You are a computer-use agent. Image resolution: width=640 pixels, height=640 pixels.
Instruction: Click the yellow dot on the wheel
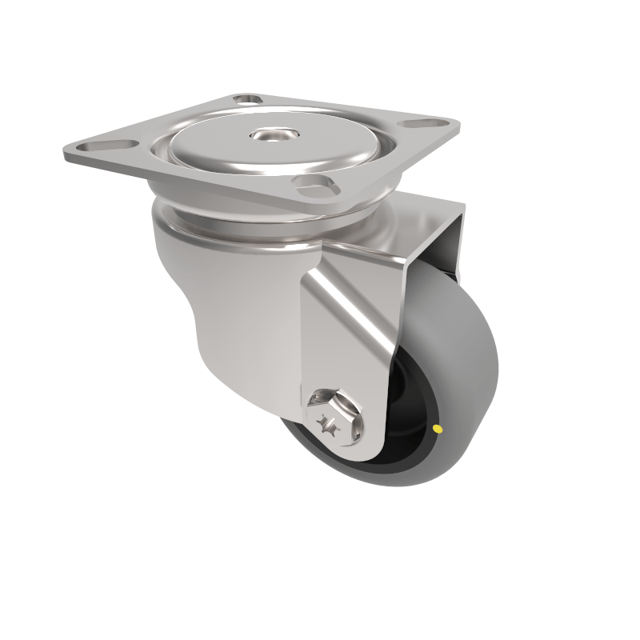click(x=437, y=430)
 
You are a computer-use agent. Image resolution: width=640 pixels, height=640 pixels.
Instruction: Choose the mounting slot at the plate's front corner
click(x=312, y=186)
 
